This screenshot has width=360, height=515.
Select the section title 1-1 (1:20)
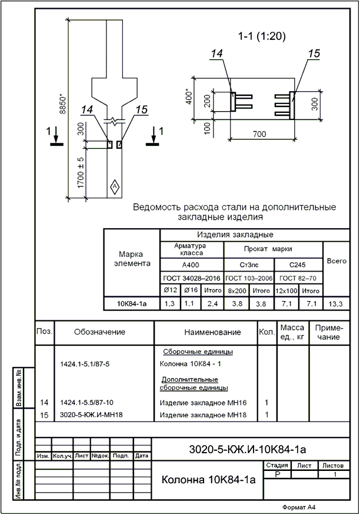click(262, 36)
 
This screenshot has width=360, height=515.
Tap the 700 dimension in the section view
click(259, 134)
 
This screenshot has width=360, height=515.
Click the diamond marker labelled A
click(114, 186)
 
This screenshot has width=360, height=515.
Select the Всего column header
click(336, 261)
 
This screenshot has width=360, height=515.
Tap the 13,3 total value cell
click(336, 303)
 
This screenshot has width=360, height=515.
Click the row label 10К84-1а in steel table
click(131, 303)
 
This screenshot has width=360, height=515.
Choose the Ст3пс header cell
click(249, 265)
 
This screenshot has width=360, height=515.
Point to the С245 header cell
click(298, 265)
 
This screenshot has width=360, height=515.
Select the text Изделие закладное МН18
click(203, 415)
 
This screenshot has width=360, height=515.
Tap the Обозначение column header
click(99, 332)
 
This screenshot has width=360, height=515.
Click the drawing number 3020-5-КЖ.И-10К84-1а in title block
click(248, 450)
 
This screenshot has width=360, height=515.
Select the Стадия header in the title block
click(276, 466)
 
